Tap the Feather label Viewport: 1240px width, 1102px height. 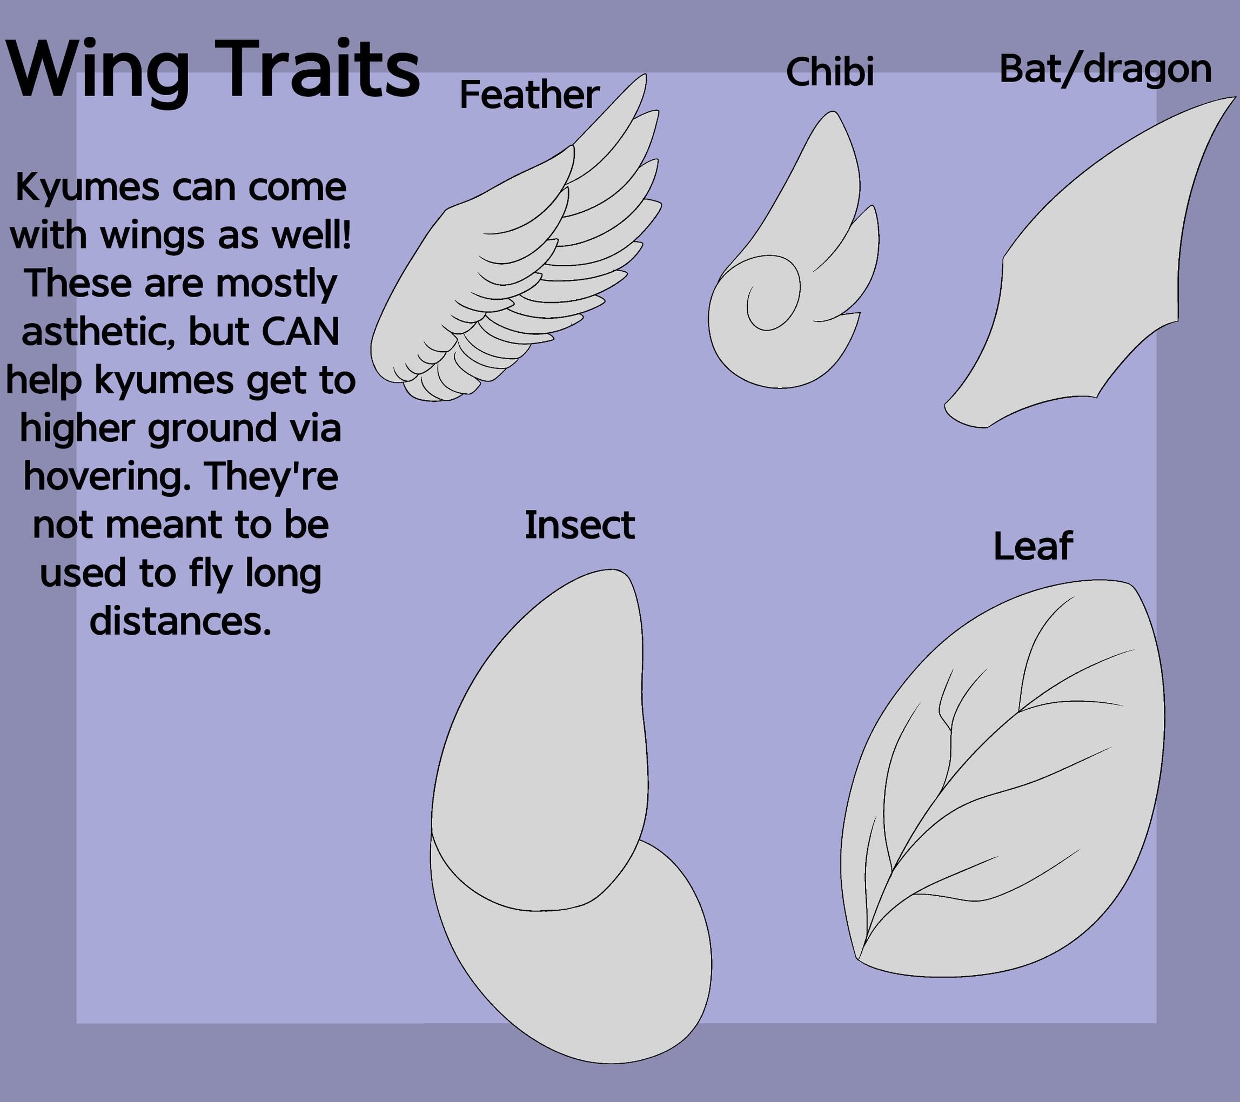tap(529, 95)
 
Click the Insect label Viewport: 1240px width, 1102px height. tap(579, 525)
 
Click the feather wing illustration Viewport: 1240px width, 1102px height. tap(515, 255)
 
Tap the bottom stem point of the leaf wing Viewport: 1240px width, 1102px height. tap(859, 959)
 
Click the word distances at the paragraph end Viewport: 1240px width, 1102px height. tap(179, 621)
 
